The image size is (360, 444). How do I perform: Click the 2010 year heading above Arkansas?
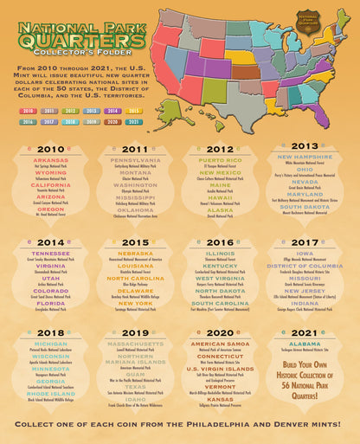(x=51, y=149)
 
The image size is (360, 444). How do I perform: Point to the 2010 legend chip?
(x=28, y=111)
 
